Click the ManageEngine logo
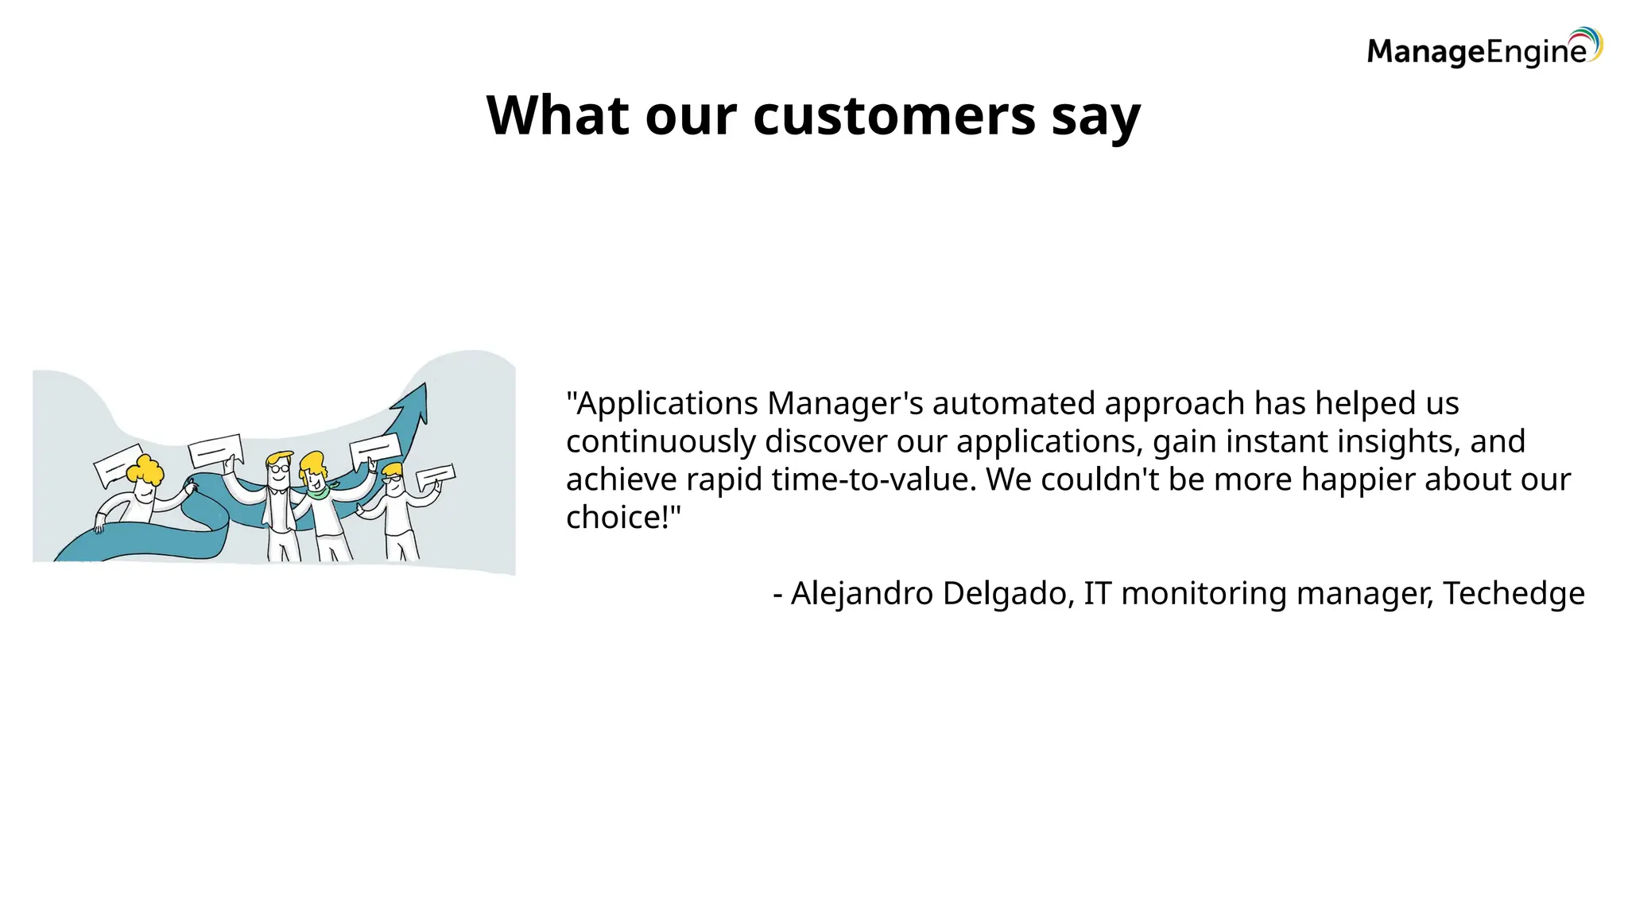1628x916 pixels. [x=1483, y=49]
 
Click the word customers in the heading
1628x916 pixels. [x=893, y=116]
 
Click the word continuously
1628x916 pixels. [x=661, y=442]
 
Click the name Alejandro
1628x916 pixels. [x=862, y=594]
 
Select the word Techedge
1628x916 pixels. [x=1514, y=594]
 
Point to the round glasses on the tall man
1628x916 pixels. [x=278, y=468]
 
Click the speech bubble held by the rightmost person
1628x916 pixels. [x=436, y=476]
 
